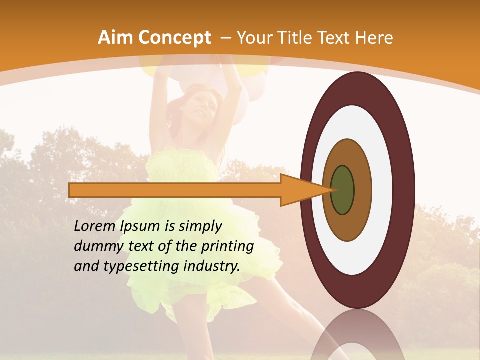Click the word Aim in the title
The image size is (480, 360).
116,38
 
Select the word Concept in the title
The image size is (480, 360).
174,38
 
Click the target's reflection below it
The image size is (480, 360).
357,335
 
